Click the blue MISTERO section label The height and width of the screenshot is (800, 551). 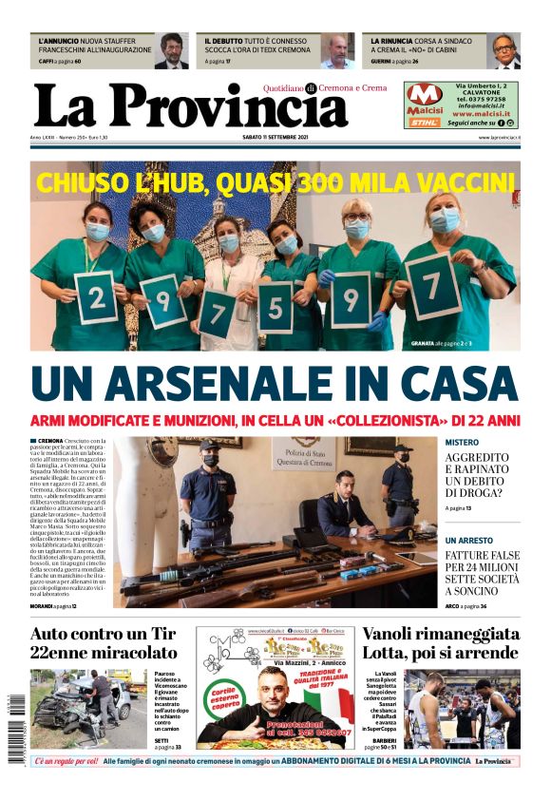tap(463, 443)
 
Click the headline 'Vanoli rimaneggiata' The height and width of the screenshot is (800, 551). tap(441, 634)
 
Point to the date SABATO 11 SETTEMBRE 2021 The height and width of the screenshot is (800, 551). tap(275, 138)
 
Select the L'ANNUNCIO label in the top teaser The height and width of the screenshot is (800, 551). tap(58, 42)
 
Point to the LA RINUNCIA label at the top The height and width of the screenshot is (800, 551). tap(391, 42)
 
